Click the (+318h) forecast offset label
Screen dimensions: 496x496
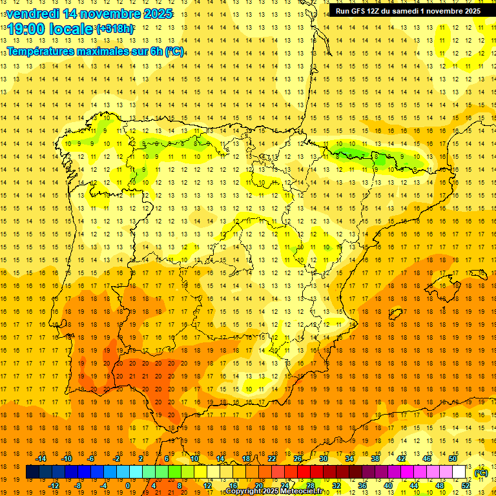116,29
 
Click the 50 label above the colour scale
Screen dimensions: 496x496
453,459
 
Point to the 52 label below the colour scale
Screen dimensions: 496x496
466,486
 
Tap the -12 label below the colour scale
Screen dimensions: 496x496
54,486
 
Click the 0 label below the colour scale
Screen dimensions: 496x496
129,486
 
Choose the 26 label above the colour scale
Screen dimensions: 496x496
298,459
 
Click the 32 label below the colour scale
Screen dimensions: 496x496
336,486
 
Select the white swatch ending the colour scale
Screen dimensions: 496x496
459,472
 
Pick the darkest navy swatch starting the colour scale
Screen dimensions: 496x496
32,472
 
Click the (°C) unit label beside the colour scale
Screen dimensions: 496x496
481,473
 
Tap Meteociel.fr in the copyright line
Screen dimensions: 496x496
303,491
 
